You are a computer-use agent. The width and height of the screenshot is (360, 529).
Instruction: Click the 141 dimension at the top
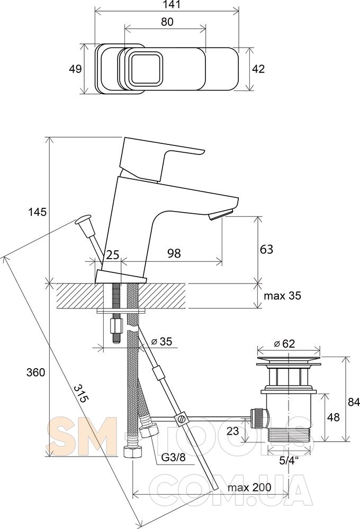click(x=166, y=5)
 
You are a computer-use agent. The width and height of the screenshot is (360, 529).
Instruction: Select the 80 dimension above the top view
click(x=167, y=22)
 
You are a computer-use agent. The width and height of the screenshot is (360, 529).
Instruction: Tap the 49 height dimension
click(x=75, y=69)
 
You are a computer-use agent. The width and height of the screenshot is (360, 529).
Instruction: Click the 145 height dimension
click(x=37, y=212)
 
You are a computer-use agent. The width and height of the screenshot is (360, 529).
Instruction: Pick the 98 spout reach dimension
click(x=174, y=253)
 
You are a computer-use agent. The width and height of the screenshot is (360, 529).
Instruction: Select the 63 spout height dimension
click(x=266, y=249)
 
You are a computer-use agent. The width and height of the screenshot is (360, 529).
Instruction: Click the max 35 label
click(x=282, y=296)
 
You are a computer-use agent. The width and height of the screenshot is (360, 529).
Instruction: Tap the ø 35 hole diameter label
click(x=161, y=341)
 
